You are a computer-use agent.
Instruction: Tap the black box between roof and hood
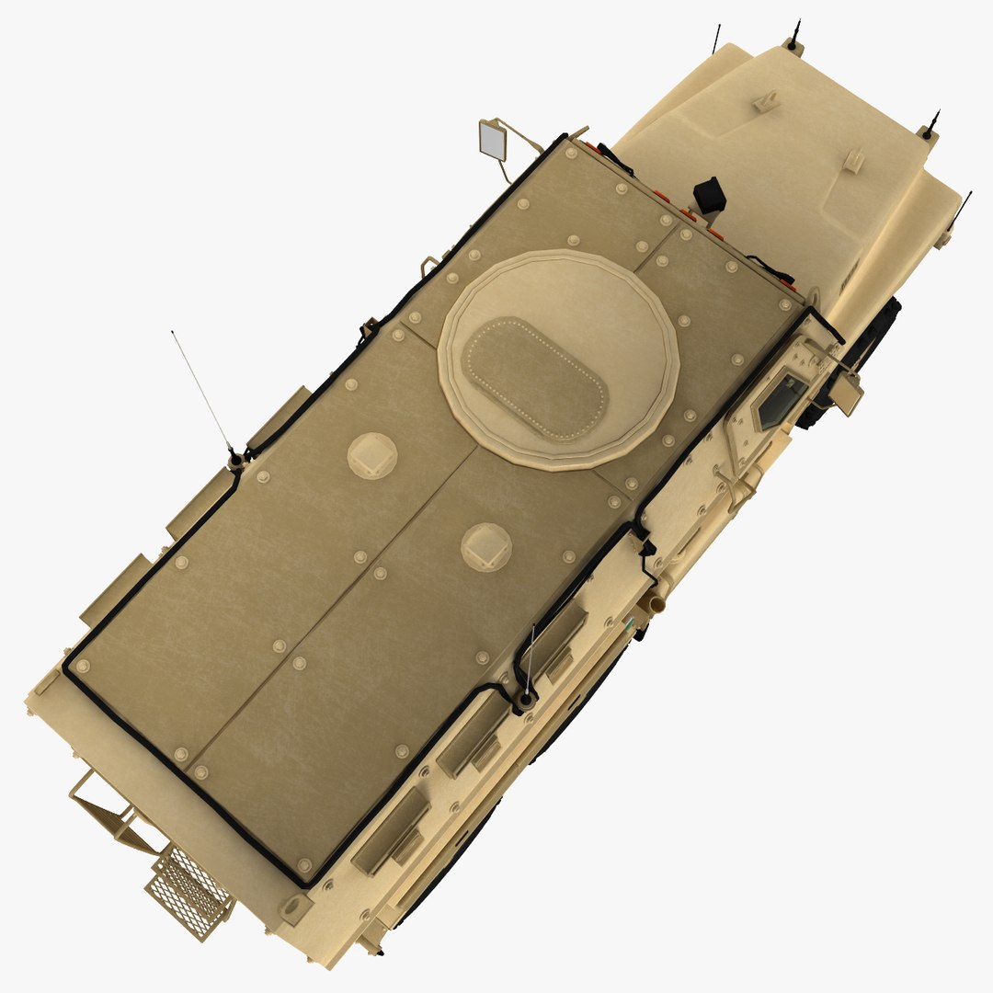(709, 194)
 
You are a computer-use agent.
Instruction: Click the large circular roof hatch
(558, 360)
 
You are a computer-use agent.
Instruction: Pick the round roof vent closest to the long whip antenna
(372, 455)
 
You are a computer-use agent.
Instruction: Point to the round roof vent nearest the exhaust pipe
(485, 546)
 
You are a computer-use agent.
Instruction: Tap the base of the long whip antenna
(236, 457)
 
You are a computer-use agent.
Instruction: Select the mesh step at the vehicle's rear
(189, 889)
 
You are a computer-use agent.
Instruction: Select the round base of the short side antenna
(524, 702)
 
